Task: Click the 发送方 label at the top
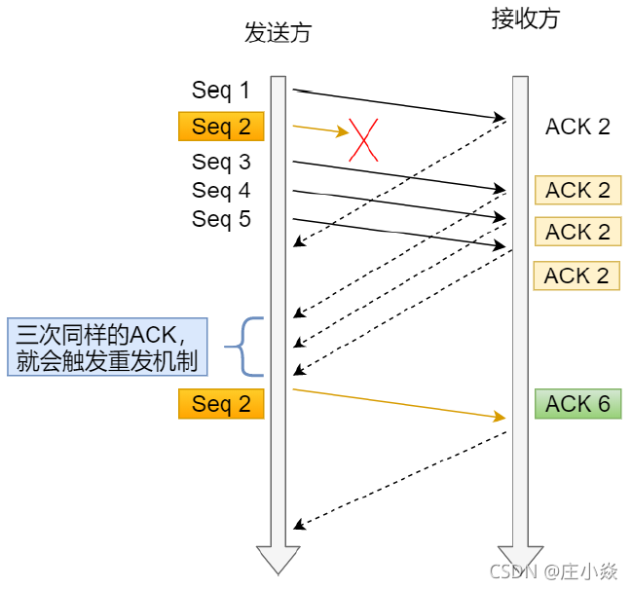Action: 278,32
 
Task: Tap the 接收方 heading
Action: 526,19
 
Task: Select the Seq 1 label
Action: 221,91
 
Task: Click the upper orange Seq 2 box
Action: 221,126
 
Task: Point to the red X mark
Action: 363,139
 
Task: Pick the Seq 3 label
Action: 221,162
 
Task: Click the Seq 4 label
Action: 221,190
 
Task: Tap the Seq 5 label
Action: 221,219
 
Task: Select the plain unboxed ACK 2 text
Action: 577,127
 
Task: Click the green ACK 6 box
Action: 577,404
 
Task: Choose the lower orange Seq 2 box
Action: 221,404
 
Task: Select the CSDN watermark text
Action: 554,571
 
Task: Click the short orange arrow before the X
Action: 319,129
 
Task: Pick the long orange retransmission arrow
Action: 399,403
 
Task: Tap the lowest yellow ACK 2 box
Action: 577,276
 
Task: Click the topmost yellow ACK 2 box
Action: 577,190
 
